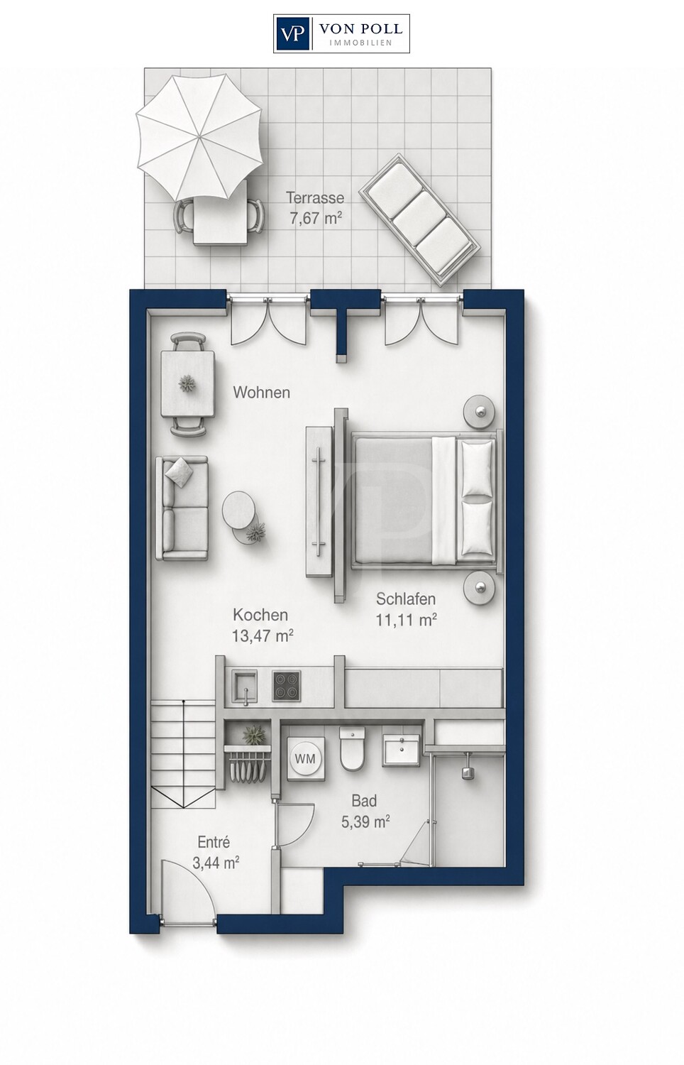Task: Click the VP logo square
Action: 293,33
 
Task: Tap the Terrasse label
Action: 315,197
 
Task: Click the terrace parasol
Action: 199,137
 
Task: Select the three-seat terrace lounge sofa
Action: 419,220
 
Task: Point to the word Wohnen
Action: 261,392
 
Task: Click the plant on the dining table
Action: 187,383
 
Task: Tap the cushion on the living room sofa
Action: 179,471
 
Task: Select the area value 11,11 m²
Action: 406,620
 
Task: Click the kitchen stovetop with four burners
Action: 287,686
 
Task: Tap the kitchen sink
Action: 244,686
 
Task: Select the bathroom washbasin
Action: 402,750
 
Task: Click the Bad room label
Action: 364,801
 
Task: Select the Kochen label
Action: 260,615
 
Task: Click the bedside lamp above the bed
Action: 479,411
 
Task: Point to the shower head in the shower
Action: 468,772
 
